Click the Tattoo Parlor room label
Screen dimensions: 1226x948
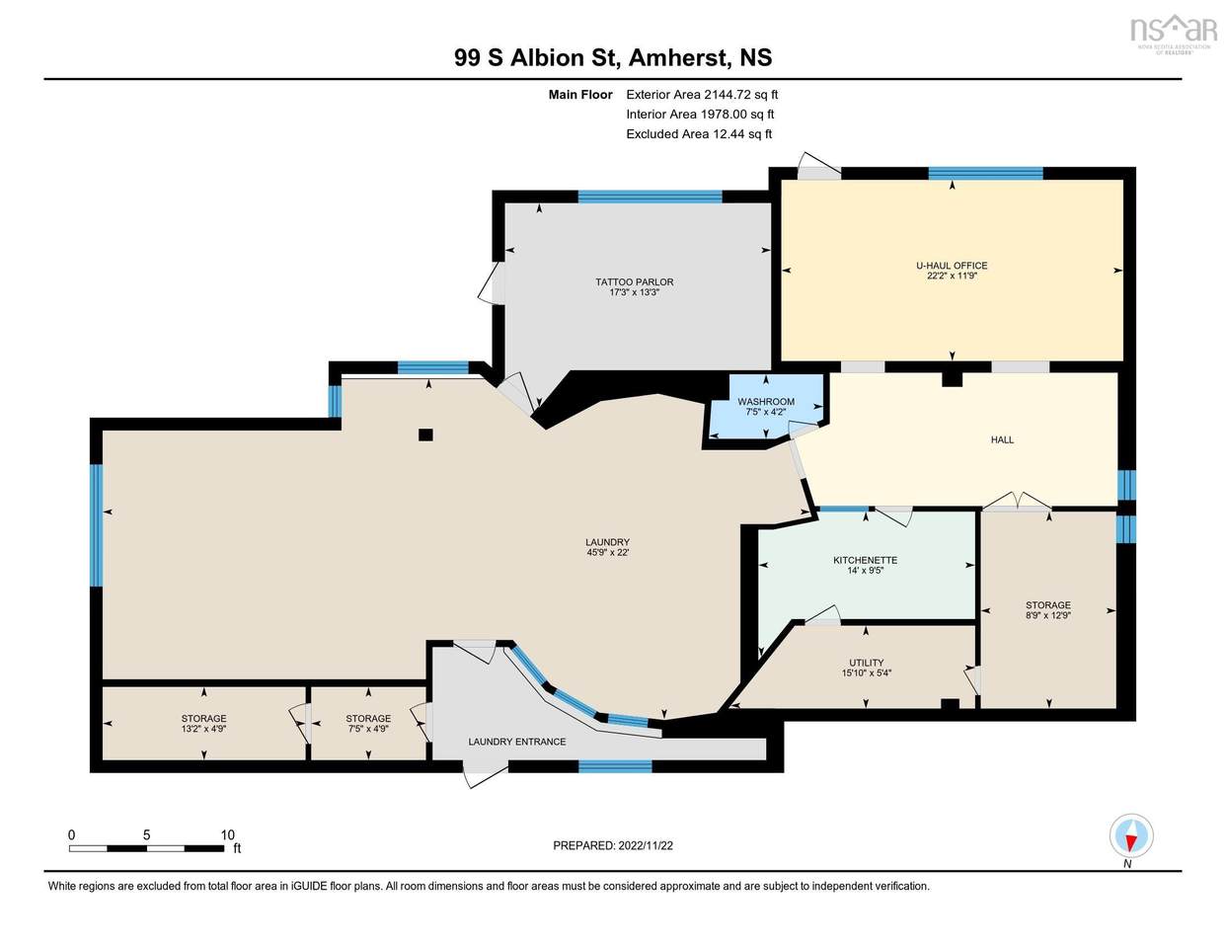(634, 281)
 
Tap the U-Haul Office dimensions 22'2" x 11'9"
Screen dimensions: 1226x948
(952, 276)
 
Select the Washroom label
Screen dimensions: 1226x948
(766, 401)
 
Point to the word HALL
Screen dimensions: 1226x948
(1002, 439)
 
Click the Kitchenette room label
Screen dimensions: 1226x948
(865, 560)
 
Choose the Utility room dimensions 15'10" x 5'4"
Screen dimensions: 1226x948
(866, 672)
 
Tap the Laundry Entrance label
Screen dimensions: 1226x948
(517, 742)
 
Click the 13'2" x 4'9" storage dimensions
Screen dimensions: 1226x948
(203, 729)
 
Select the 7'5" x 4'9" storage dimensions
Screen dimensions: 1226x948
(368, 729)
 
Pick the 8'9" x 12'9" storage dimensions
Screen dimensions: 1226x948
(1047, 615)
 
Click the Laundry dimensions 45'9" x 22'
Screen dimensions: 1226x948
(607, 552)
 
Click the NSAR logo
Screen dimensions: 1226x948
(1174, 33)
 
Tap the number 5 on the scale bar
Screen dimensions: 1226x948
(146, 835)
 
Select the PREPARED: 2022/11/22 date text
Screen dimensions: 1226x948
(613, 845)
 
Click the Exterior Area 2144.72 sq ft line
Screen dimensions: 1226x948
(702, 95)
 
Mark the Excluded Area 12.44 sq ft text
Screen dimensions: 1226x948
(699, 134)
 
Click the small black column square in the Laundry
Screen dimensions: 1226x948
(425, 434)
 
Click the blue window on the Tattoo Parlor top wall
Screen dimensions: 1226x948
(650, 197)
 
